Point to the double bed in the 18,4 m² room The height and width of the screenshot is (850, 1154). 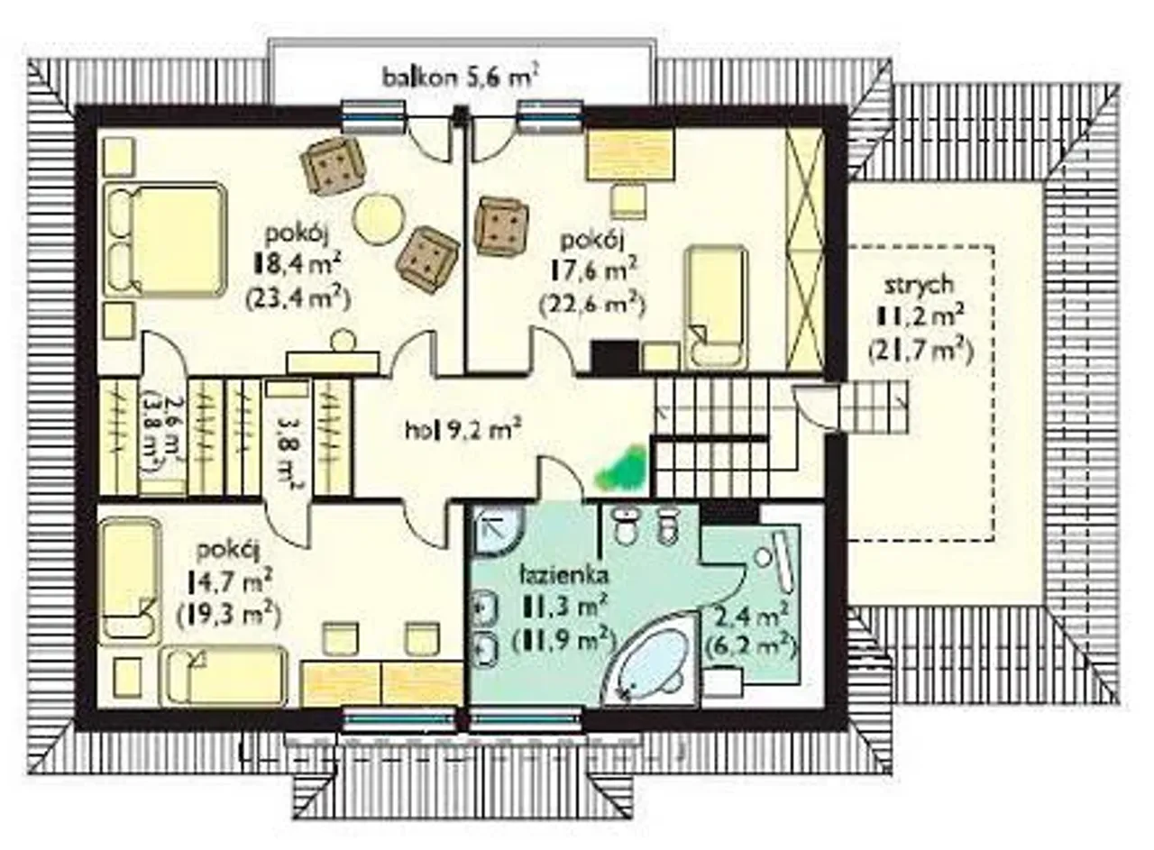coord(166,240)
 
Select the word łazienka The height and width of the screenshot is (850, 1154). coord(563,575)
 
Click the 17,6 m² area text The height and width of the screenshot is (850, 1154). coord(593,270)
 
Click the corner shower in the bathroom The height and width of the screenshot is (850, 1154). coord(499,531)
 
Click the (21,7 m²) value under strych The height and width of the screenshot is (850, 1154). coord(920,353)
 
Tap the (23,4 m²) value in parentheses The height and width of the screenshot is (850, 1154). coord(298,298)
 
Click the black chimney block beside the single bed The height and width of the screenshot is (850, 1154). coord(615,357)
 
